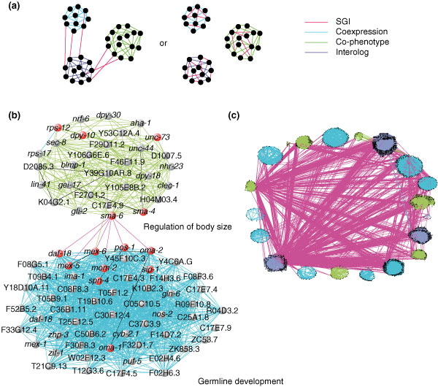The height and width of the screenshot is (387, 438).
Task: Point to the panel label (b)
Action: [12, 115]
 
